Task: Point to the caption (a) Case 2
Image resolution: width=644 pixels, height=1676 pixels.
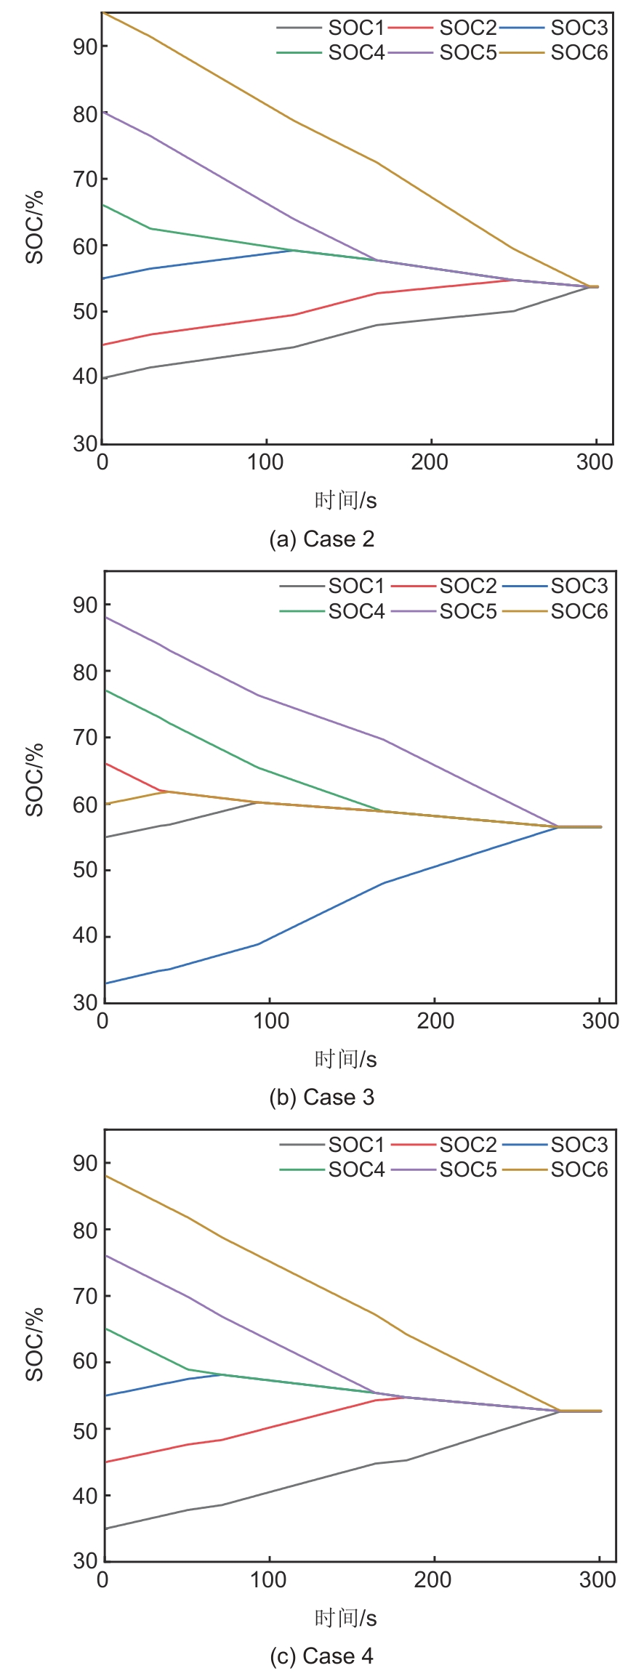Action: click(321, 539)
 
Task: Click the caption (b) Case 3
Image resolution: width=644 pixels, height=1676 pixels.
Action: click(321, 1097)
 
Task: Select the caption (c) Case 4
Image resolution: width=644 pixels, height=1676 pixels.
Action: click(321, 1656)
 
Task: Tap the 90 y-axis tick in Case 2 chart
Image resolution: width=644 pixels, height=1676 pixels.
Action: click(85, 47)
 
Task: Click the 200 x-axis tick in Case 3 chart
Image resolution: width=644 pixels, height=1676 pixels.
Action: click(435, 1020)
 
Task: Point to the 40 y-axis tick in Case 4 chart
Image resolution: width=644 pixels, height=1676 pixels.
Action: click(85, 1495)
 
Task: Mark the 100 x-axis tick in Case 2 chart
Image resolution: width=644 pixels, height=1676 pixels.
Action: click(265, 462)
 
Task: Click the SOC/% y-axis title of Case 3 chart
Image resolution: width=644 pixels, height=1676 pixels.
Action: click(35, 780)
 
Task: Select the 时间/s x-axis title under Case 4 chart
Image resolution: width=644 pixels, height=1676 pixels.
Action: click(345, 1618)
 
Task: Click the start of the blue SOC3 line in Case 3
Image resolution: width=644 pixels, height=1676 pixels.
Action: click(106, 983)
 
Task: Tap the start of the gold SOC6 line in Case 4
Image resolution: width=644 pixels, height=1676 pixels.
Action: click(106, 1176)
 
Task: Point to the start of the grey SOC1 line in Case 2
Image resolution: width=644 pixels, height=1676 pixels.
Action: click(104, 378)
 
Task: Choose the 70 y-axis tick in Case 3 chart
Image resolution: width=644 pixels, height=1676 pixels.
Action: click(85, 737)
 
